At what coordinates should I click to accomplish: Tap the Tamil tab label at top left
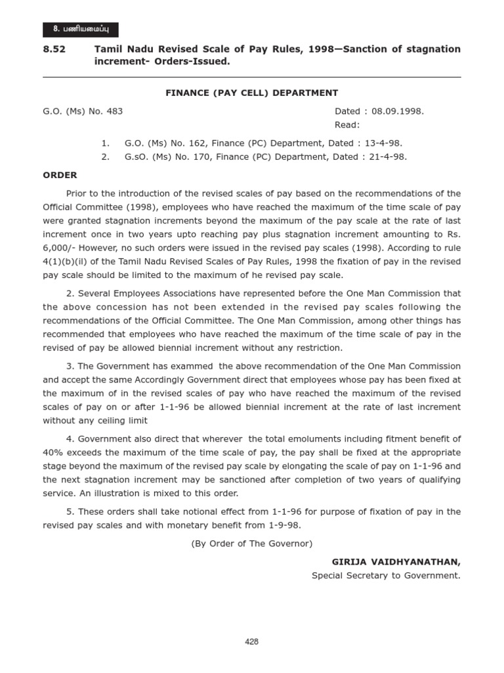click(x=81, y=29)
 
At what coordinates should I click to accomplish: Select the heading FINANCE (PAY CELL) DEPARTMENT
click(x=252, y=93)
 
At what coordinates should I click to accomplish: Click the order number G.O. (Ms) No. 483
click(x=83, y=111)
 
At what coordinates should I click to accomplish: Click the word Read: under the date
click(x=347, y=125)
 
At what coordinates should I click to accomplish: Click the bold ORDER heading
click(x=60, y=175)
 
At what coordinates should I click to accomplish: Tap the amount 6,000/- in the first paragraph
click(x=60, y=248)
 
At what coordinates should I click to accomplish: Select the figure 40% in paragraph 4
click(x=55, y=453)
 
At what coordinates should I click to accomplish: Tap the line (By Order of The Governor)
click(x=252, y=544)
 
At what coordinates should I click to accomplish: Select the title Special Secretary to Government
click(x=386, y=576)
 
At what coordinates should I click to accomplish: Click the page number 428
click(x=252, y=642)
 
